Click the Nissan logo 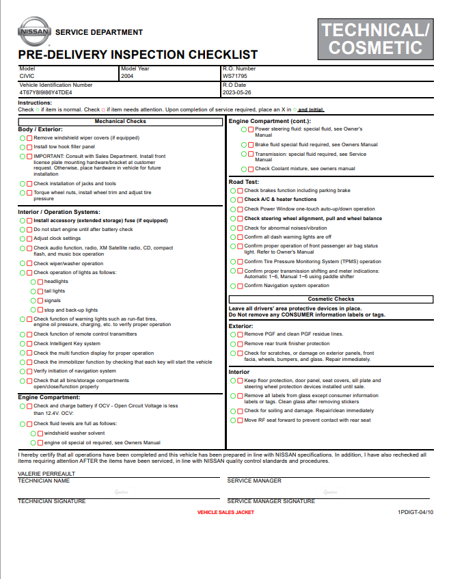coord(33,31)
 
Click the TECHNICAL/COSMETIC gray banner coord(375,38)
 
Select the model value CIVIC coord(27,77)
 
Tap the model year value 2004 coord(127,77)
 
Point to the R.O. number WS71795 coord(234,77)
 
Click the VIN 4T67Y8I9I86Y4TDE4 coord(45,92)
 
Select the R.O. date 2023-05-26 coord(237,92)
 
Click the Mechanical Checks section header coord(120,122)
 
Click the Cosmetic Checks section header coord(331,299)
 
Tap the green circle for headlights coord(33,282)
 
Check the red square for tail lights coord(40,291)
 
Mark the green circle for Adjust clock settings coord(23,239)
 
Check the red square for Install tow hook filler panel coord(29,147)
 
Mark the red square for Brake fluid coord(251,145)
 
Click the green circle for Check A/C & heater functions coord(233,200)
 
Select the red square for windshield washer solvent coord(40,433)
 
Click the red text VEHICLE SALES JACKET coord(225,512)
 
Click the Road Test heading coord(243,182)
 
